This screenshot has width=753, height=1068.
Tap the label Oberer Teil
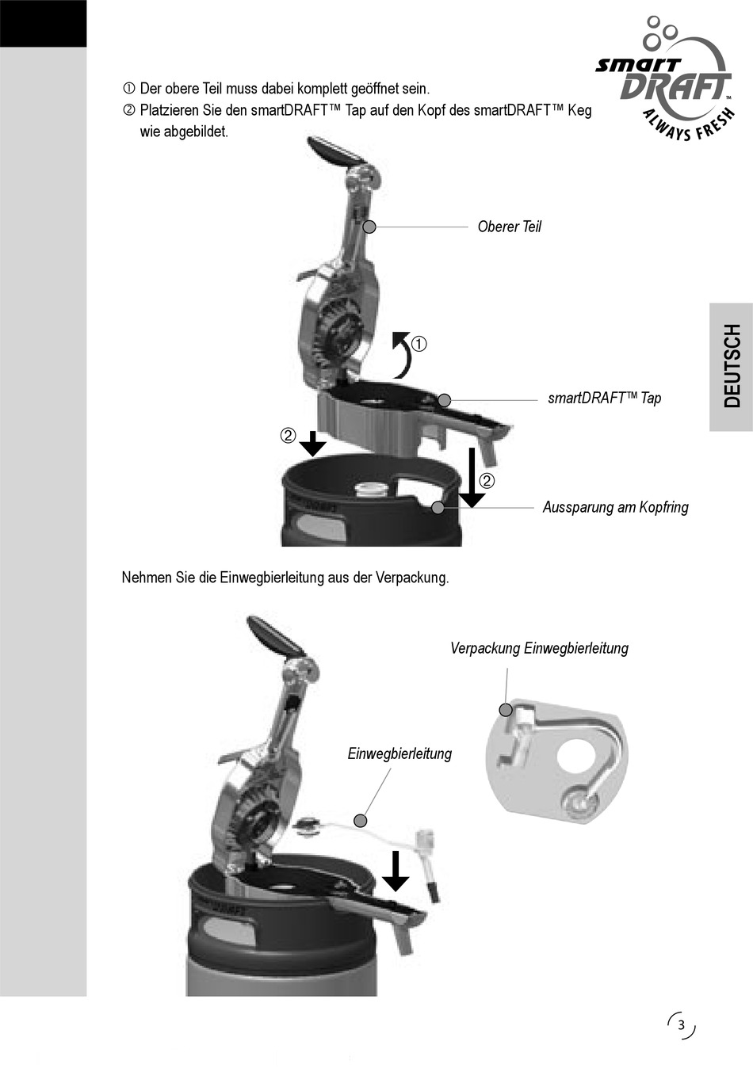click(509, 227)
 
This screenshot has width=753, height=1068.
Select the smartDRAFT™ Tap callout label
click(604, 398)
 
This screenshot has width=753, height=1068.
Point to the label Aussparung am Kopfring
click(615, 507)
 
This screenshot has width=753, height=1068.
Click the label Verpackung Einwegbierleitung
click(539, 648)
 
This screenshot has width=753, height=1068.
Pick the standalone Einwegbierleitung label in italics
click(399, 753)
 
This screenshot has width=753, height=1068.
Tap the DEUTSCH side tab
click(732, 366)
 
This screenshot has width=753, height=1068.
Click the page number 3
click(681, 1024)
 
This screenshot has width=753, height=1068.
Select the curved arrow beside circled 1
click(403, 353)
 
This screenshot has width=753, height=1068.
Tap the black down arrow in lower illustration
click(396, 871)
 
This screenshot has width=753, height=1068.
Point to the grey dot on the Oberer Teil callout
click(369, 227)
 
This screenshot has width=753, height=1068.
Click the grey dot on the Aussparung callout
click(438, 508)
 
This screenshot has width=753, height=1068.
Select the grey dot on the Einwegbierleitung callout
click(361, 819)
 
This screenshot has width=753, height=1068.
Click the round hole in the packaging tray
click(579, 754)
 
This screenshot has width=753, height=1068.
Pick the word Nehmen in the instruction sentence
click(140, 578)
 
